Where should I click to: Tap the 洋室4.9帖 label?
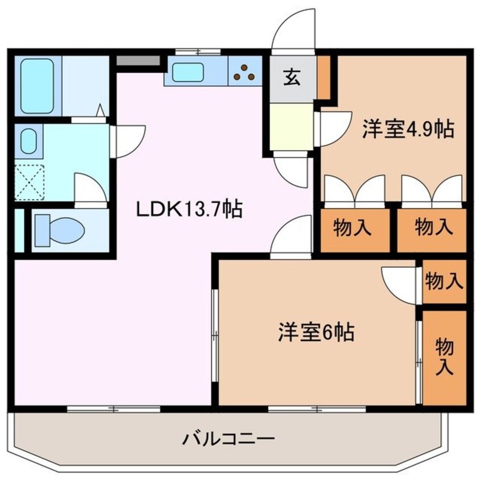(x=408, y=130)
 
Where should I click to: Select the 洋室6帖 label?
(x=316, y=332)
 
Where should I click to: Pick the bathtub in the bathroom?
(x=37, y=86)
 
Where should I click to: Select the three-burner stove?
(x=246, y=71)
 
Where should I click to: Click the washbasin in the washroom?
(x=28, y=141)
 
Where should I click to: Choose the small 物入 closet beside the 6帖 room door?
(x=444, y=281)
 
